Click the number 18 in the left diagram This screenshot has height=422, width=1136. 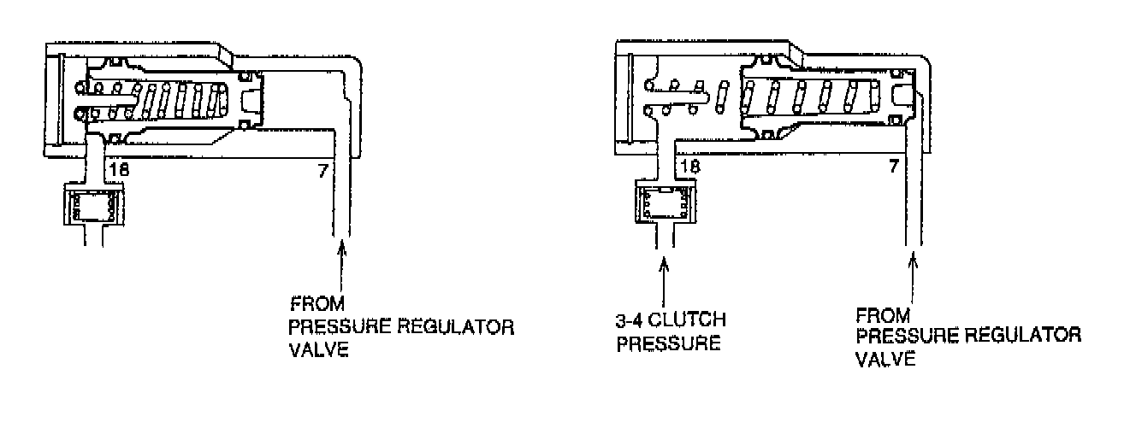(120, 170)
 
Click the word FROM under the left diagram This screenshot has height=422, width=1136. (312, 302)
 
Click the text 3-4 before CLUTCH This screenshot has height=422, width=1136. (630, 320)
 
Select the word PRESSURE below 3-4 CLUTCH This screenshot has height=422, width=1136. (664, 345)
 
